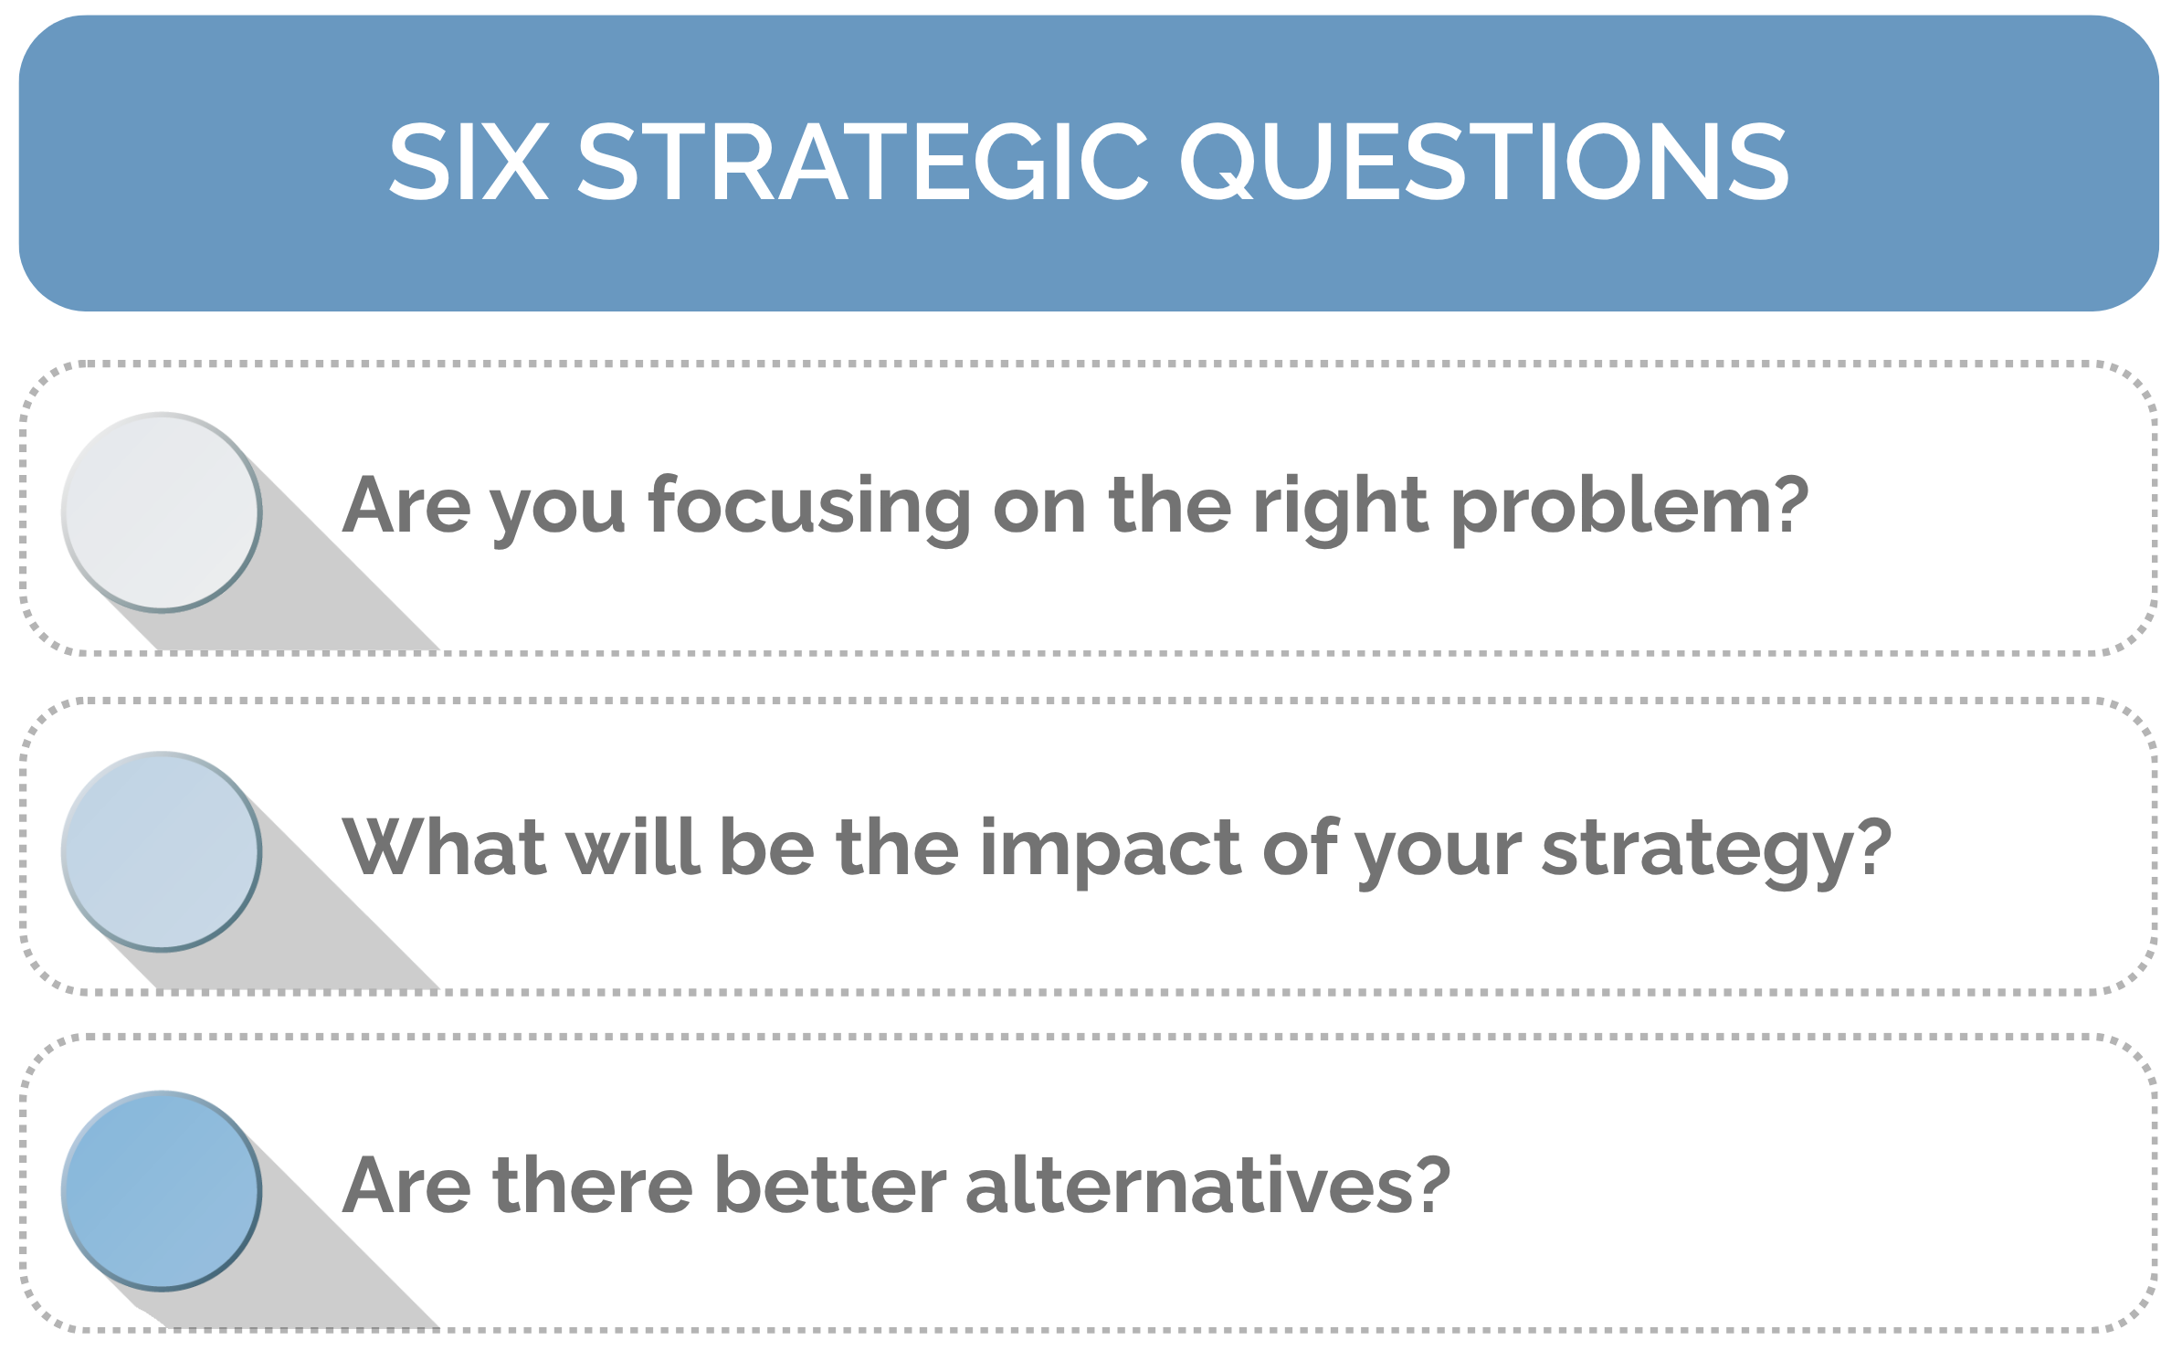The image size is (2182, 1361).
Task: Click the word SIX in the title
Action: point(469,162)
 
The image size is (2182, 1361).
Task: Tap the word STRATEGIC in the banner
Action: point(862,162)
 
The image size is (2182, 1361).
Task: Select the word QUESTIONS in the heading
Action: point(1483,162)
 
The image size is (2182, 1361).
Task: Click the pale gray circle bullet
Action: point(162,512)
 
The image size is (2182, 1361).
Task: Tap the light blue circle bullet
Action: point(162,851)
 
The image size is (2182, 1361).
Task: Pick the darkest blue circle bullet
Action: point(162,1190)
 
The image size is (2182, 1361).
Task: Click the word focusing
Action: point(809,507)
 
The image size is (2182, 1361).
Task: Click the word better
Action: point(830,1186)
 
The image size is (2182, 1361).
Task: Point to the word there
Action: point(593,1186)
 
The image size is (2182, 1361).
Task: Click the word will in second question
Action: point(633,848)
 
